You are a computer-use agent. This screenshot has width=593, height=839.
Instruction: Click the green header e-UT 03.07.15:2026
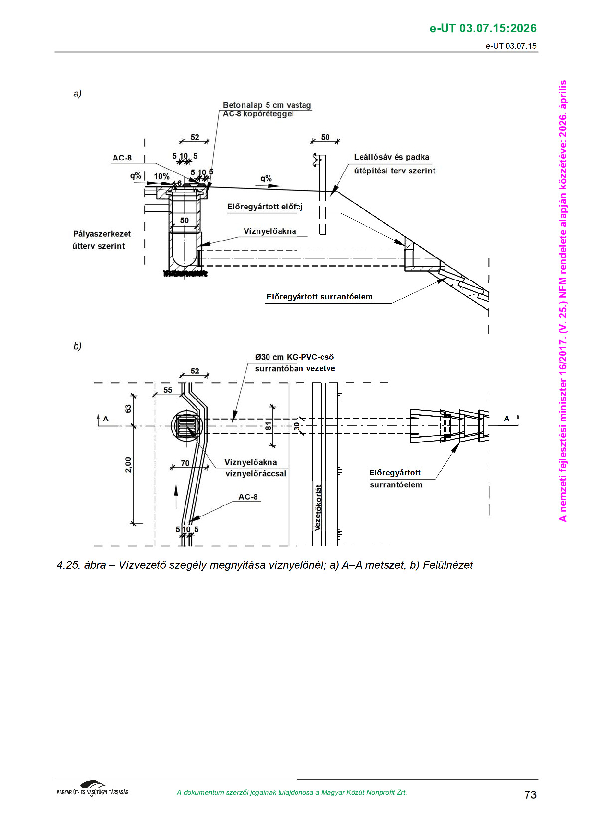482,28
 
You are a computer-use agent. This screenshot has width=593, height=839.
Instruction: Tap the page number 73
530,794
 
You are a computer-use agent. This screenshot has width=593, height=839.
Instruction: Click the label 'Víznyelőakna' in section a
269,231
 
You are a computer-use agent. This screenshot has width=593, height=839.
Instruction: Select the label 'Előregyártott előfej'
265,207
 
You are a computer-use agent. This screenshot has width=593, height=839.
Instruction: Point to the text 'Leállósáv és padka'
391,157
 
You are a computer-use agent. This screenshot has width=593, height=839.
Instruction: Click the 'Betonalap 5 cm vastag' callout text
267,105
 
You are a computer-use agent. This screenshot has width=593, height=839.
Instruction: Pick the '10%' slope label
161,176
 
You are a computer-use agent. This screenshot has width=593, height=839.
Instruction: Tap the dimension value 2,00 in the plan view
128,464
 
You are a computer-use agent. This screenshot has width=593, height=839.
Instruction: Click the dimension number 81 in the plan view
268,426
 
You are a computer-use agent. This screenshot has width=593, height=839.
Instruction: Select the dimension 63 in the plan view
128,408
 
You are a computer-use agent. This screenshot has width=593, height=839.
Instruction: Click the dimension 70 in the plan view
185,463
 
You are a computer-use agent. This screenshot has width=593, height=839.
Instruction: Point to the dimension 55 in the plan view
168,390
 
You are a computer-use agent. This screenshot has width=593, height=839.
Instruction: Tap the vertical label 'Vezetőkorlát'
318,507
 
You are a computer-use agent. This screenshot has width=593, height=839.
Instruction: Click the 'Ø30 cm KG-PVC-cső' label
294,357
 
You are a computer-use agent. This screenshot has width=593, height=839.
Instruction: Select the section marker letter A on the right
507,419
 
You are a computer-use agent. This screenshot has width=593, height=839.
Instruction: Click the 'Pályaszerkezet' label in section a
102,234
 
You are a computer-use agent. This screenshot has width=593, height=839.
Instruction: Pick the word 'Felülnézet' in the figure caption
447,565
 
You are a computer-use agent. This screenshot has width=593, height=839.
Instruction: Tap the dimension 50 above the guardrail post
325,137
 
